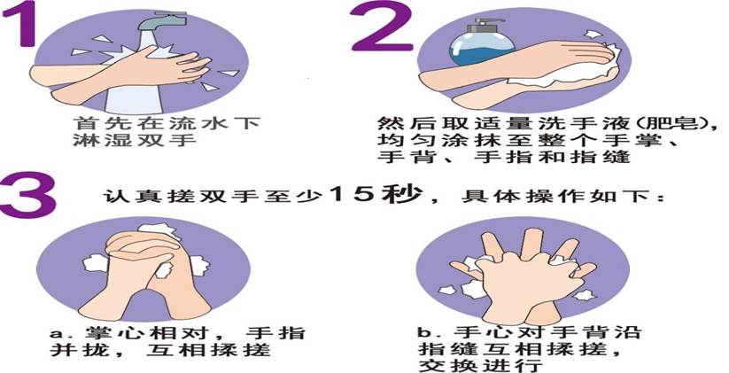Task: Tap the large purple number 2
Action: pos(382,26)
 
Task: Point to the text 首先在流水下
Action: pos(166,123)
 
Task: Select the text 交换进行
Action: pos(480,364)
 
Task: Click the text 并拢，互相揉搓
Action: pos(159,351)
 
